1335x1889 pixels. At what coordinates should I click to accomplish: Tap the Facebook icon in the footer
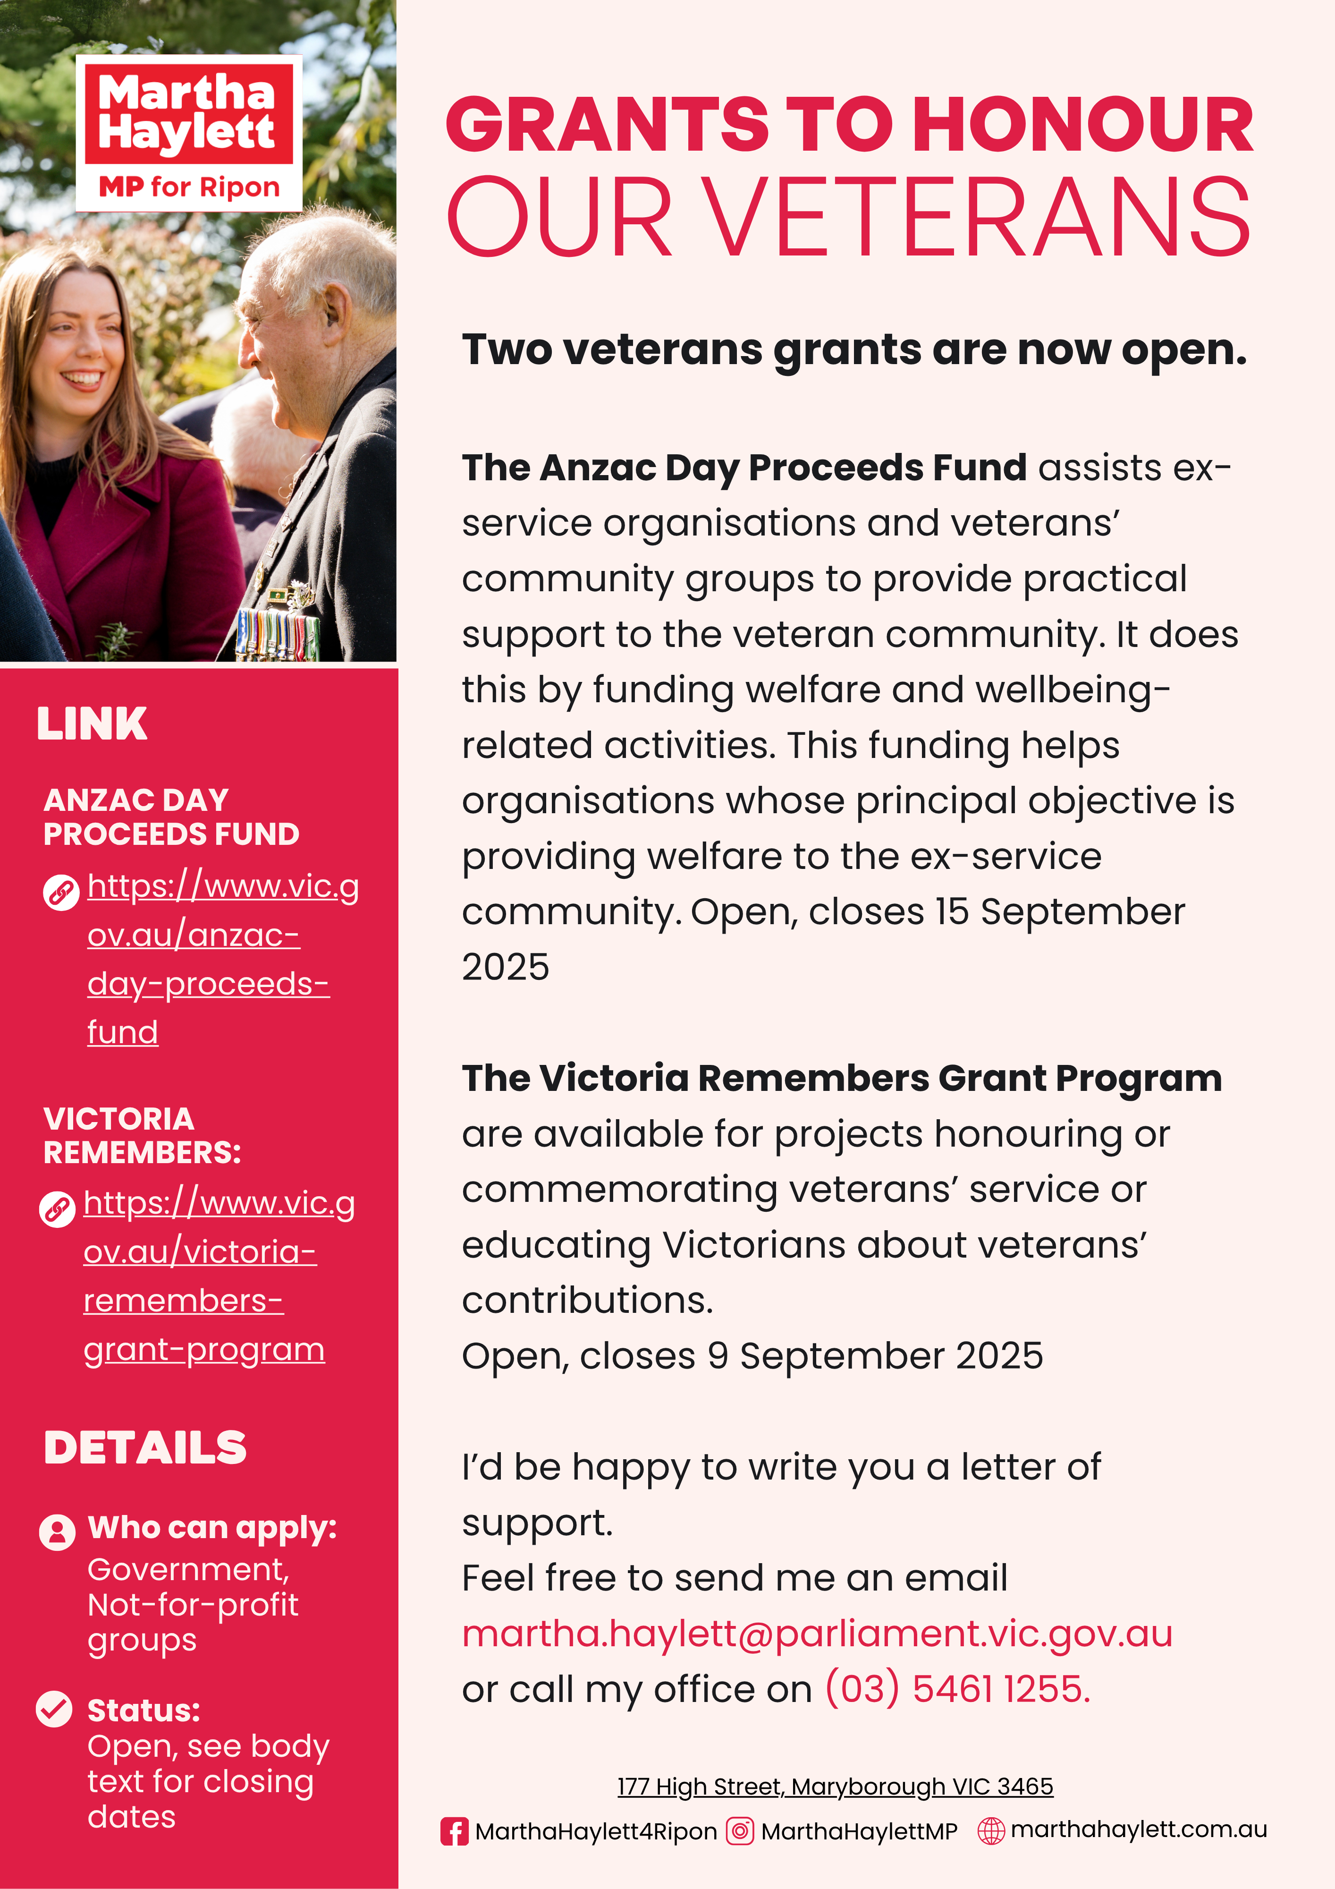pos(454,1831)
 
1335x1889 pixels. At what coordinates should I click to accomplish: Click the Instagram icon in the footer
pos(739,1831)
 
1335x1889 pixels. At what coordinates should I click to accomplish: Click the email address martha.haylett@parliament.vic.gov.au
pos(817,1634)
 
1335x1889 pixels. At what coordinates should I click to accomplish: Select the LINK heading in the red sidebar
pos(92,724)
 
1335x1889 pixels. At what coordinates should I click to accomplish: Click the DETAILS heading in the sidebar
pos(145,1448)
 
